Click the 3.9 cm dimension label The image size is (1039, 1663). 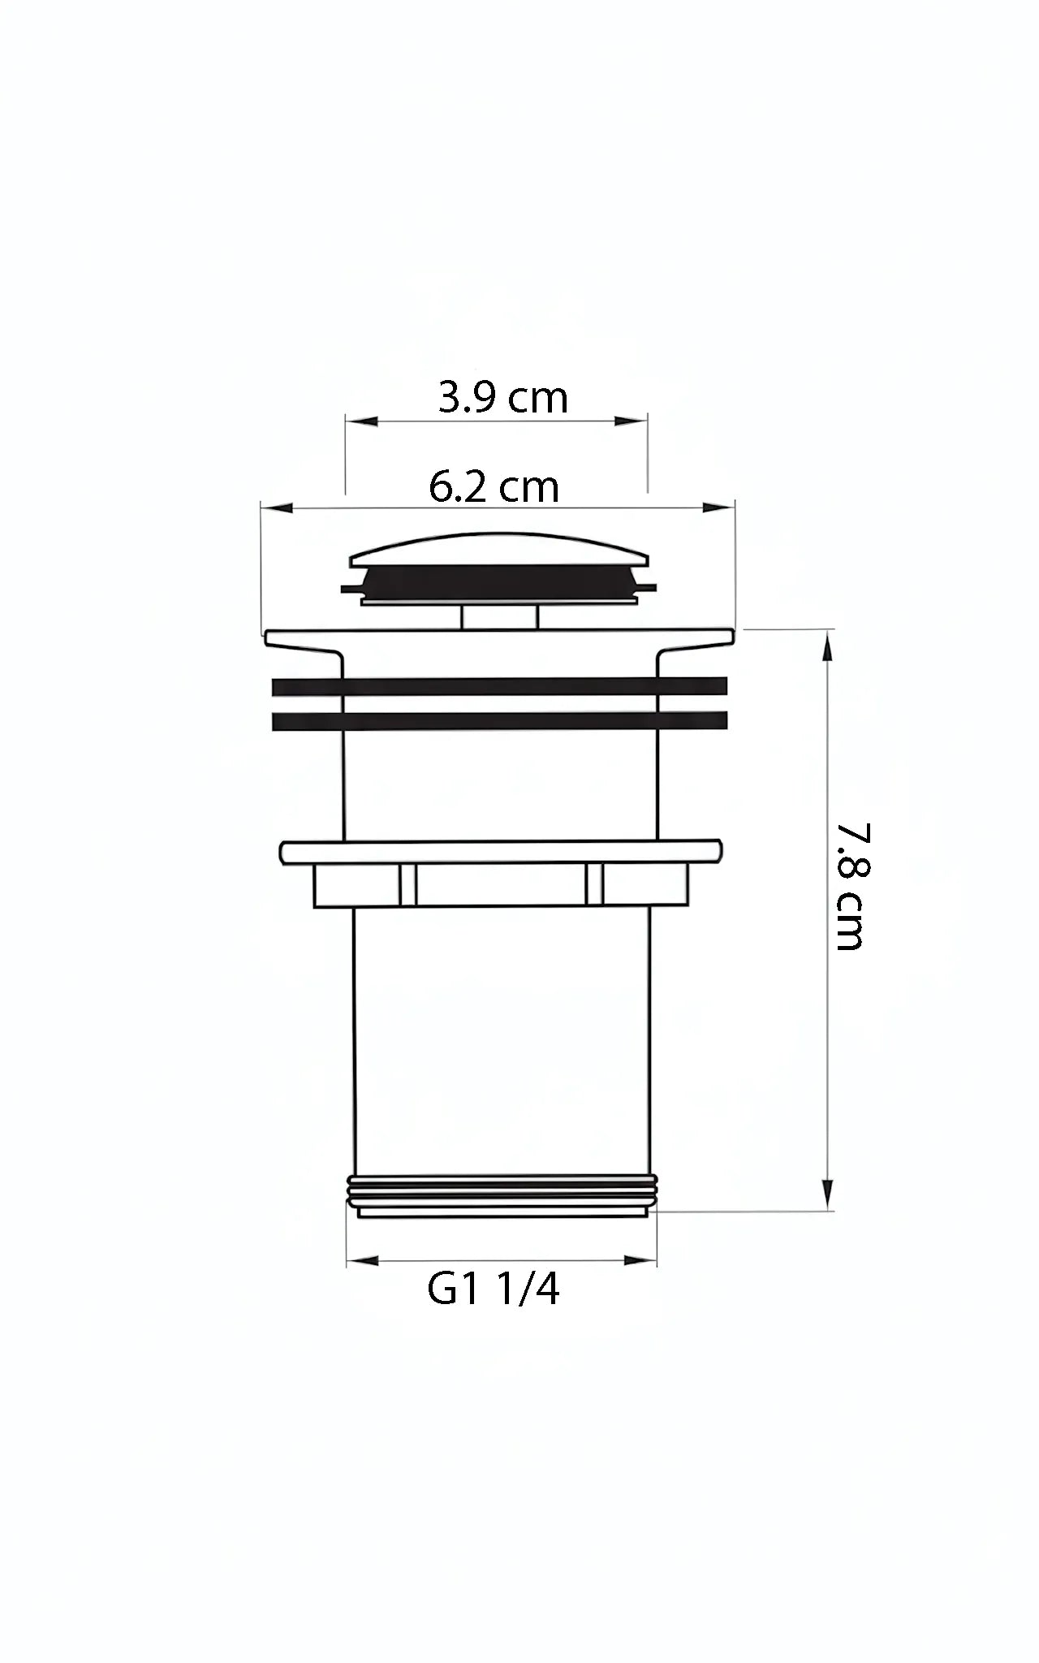[x=502, y=399]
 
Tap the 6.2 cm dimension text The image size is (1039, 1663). [x=494, y=487]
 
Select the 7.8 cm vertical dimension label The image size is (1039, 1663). [x=849, y=886]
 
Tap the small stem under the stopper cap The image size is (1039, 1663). [x=499, y=617]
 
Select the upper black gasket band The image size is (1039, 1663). [x=499, y=686]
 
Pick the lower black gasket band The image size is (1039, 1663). [x=499, y=722]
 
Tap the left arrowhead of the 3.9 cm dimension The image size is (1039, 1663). [x=362, y=421]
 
